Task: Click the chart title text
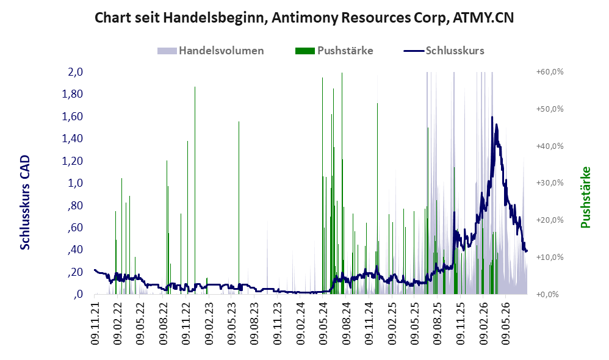tap(304, 18)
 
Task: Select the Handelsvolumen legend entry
tap(211, 51)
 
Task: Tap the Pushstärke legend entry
tap(334, 51)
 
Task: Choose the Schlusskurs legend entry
tap(444, 51)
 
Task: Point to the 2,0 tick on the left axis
tap(75, 72)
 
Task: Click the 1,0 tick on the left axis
tap(75, 183)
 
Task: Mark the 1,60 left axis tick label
tap(73, 116)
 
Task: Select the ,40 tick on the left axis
tap(75, 250)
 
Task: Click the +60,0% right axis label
tap(550, 72)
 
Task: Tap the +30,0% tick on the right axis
tap(550, 183)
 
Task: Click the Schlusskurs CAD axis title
tap(25, 203)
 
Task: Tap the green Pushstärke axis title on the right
tap(585, 197)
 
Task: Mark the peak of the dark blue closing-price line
tap(492, 117)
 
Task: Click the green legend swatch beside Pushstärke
tap(305, 51)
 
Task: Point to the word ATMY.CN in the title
tap(483, 18)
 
